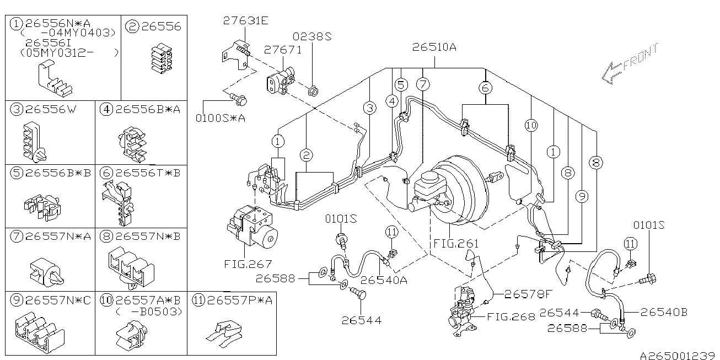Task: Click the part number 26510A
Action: [434, 48]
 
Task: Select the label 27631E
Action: [245, 21]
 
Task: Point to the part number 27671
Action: [282, 50]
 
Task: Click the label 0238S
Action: [311, 36]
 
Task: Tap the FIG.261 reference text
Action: [456, 243]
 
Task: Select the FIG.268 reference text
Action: [511, 317]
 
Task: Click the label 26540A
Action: [388, 280]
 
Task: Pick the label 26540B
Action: [664, 312]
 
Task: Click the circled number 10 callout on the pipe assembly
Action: [531, 126]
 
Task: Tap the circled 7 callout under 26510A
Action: [422, 85]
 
